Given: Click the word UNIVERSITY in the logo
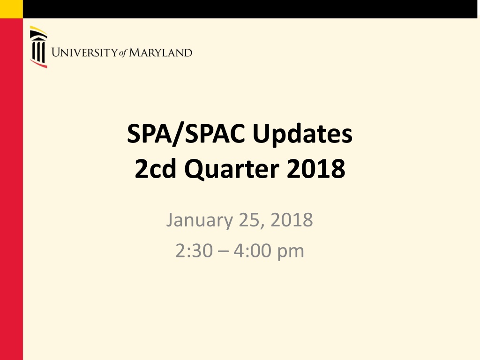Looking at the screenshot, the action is click(84, 52).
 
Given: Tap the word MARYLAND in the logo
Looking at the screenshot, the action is click(160, 52).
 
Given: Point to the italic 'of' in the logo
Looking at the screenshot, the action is click(123, 53).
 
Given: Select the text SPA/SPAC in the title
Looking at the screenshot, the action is click(186, 134).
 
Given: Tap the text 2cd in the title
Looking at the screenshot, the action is click(155, 168).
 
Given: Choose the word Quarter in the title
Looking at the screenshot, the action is click(232, 169).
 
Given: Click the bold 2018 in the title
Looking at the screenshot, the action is click(316, 168).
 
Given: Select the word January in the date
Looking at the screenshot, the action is click(199, 220).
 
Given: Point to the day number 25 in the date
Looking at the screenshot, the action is click(248, 220).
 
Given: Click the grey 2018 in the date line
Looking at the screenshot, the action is click(292, 219).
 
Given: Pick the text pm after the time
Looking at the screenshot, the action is click(291, 253).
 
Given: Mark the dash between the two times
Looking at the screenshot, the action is click(223, 252).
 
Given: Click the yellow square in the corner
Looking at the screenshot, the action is click(11, 9).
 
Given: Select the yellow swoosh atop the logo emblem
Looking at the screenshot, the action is click(38, 30).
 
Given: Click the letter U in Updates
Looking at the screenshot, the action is click(261, 134).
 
